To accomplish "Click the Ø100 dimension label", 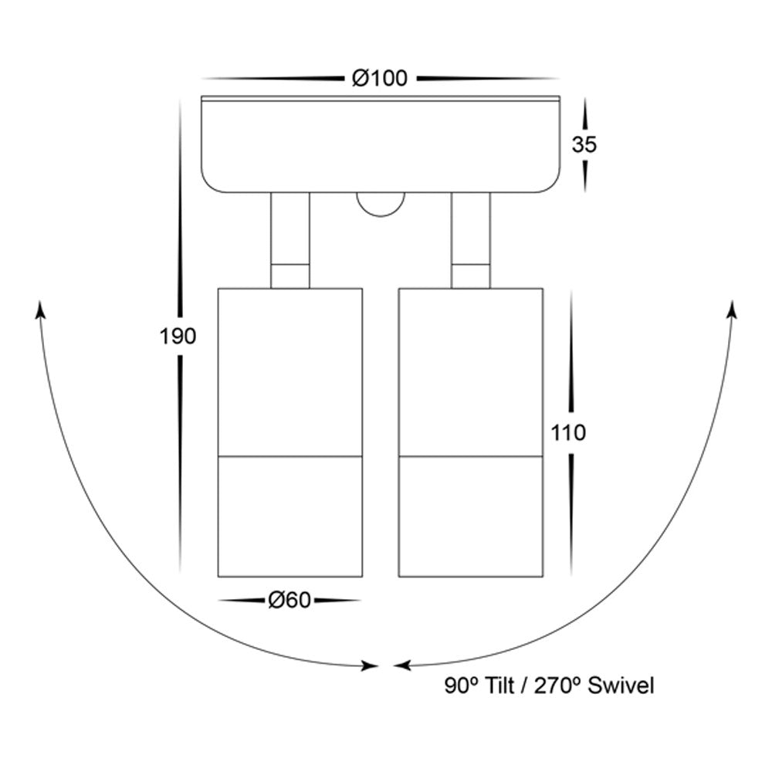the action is coord(380,78).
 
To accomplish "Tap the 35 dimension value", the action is coord(584,144).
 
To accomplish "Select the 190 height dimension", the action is coord(178,337).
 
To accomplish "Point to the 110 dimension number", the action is coord(568,433).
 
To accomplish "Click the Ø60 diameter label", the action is coord(289,600).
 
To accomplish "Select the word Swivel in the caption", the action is coord(621,686).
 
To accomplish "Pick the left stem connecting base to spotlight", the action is coord(290,240).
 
